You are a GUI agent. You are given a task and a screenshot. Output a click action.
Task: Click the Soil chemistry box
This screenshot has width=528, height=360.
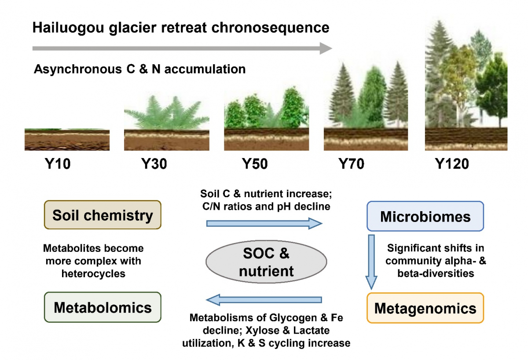pos(103,215)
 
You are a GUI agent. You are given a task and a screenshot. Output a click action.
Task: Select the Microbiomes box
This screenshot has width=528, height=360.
pos(425,216)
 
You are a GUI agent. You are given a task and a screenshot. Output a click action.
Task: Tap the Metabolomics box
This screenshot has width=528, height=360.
pos(103,307)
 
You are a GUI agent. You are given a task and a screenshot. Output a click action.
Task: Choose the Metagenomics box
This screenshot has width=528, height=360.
pos(425,308)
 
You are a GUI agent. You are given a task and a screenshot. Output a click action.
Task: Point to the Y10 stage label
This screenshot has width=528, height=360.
pos(57,165)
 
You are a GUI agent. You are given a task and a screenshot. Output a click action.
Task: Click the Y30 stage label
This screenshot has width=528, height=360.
pos(154,165)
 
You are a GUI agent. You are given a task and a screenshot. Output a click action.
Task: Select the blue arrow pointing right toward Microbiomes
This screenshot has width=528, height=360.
pos(264,224)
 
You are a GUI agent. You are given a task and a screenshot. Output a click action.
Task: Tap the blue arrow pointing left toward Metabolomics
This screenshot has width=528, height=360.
pos(264,301)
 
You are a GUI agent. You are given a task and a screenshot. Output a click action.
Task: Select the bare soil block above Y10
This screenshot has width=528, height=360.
pos(67,140)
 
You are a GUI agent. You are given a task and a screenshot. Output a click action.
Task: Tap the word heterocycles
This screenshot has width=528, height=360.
pos(93,273)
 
